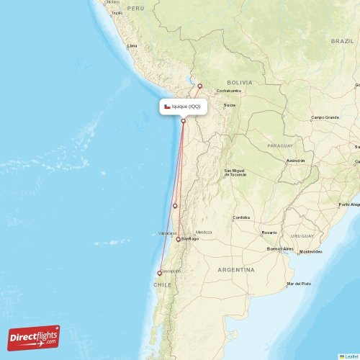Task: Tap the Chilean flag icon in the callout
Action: (167, 107)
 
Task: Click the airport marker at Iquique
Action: (184, 121)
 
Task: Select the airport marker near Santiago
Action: (178, 239)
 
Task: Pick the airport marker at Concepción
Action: (160, 273)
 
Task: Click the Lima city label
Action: (132, 45)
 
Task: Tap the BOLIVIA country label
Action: (239, 83)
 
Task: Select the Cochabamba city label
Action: (228, 91)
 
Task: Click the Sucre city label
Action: (230, 105)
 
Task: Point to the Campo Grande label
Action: (325, 117)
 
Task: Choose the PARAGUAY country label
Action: (280, 145)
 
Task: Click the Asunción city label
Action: (295, 160)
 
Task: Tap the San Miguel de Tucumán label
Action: (235, 173)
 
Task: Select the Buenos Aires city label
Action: (280, 248)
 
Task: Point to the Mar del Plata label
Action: (298, 284)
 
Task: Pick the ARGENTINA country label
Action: (235, 269)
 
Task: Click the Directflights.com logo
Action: (34, 337)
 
